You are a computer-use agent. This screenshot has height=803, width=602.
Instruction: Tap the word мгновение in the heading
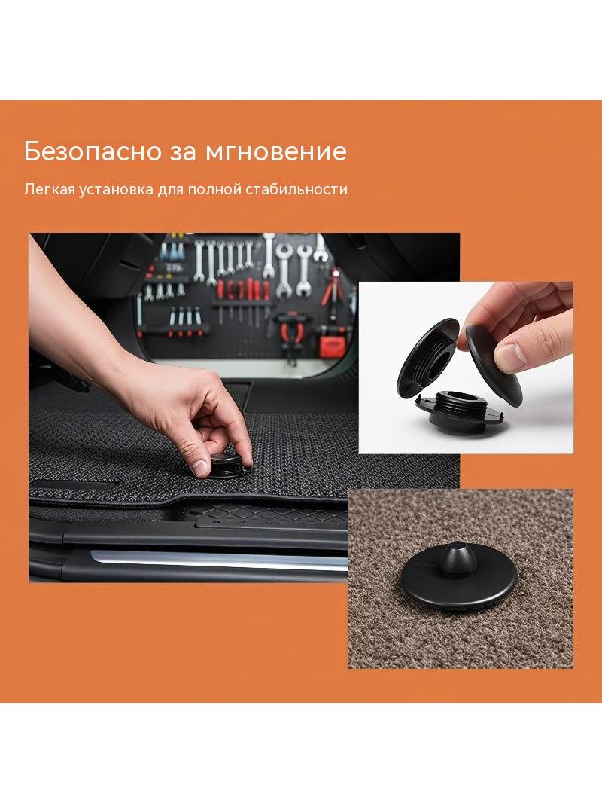point(276,151)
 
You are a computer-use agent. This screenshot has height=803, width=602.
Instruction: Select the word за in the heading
point(184,153)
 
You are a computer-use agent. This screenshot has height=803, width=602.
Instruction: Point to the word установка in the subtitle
point(112,190)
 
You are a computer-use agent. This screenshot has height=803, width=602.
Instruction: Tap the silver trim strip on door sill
point(220,560)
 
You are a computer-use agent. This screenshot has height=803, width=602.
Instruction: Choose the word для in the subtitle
point(170,191)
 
